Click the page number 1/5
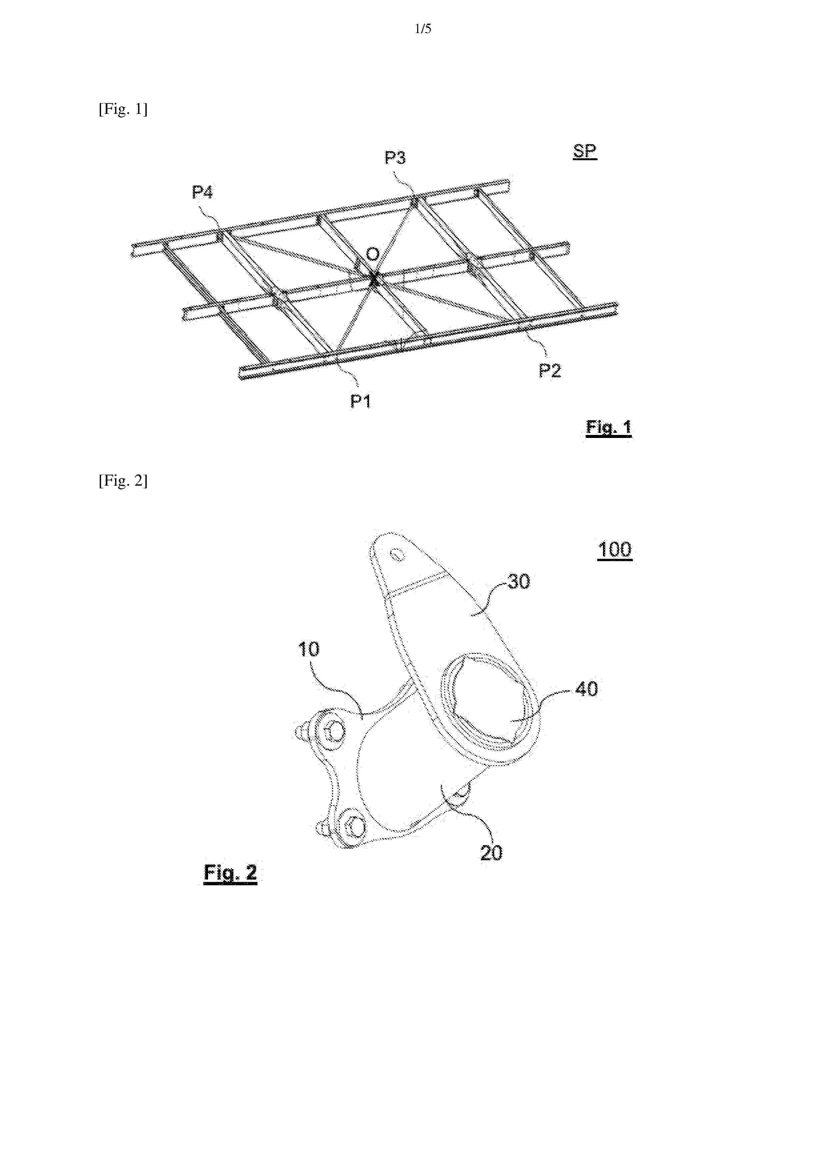click(423, 29)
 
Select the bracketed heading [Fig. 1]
click(123, 109)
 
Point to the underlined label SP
click(585, 152)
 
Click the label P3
click(395, 158)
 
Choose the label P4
click(202, 192)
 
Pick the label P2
click(550, 370)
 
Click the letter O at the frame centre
click(373, 254)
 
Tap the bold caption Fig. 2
click(230, 873)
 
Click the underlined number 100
click(615, 550)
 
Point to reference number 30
click(519, 581)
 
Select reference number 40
click(587, 689)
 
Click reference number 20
click(491, 853)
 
